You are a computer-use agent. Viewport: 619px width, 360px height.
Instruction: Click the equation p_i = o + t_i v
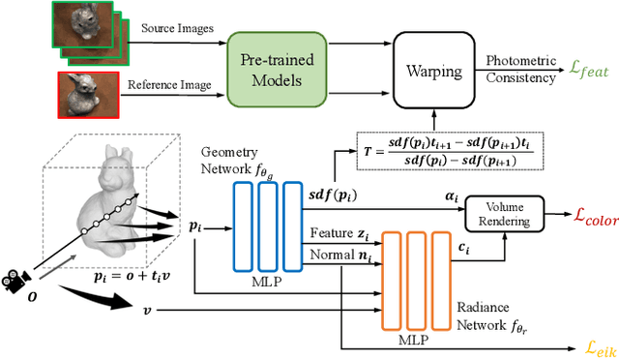point(126,301)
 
